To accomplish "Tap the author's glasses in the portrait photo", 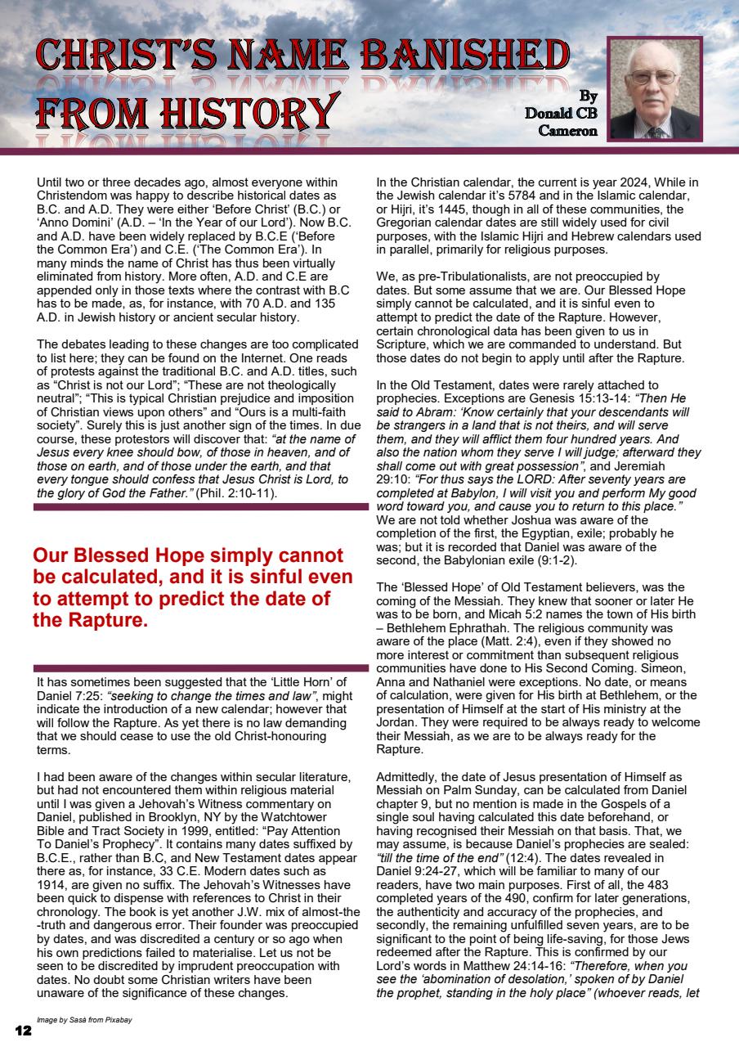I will (x=653, y=78).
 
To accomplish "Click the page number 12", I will (x=23, y=1031).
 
